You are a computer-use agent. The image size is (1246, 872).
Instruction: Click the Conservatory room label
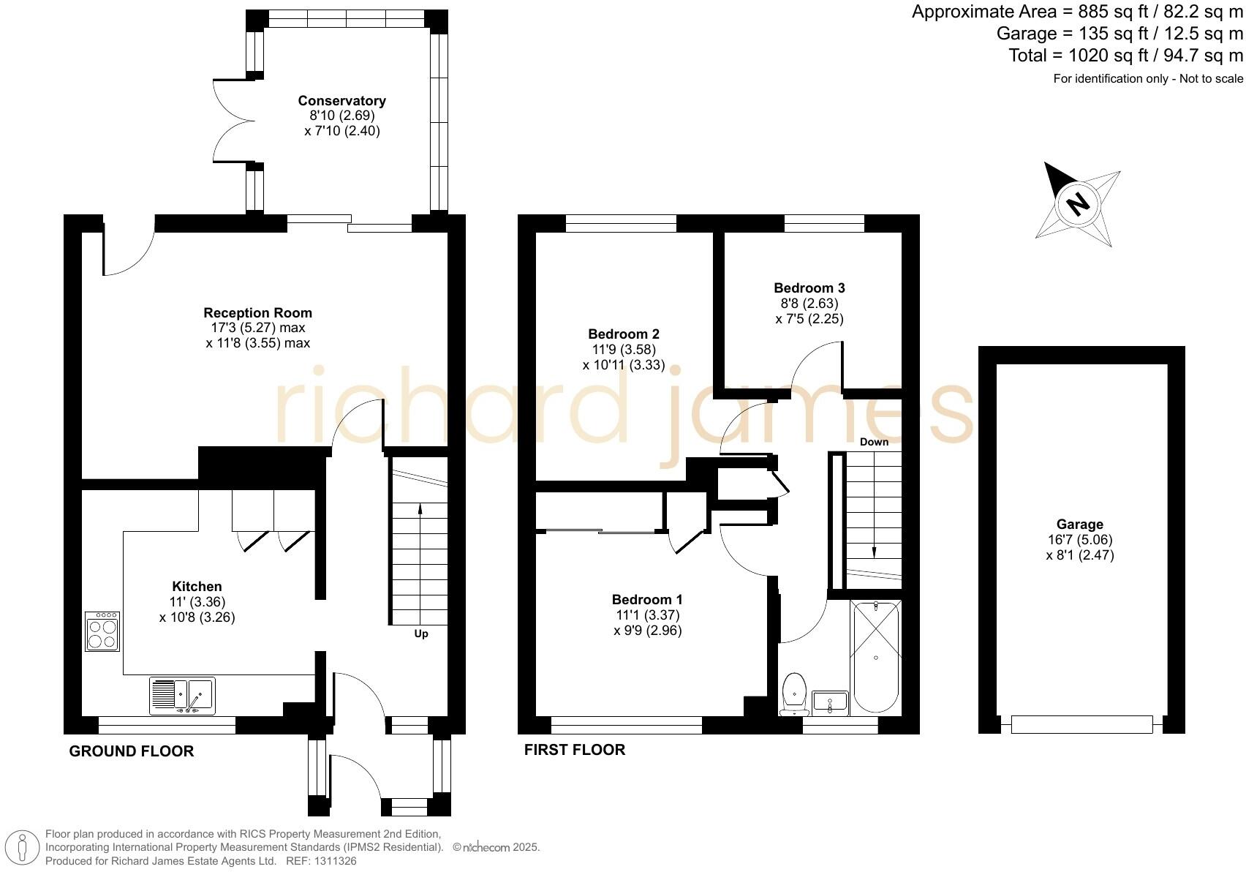point(341,101)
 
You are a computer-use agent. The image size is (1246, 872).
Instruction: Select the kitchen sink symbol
point(183,695)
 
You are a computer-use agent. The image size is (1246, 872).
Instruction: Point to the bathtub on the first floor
point(875,656)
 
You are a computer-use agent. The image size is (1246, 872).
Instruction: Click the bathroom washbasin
point(830,702)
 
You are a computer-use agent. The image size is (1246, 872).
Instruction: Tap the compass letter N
point(1077,203)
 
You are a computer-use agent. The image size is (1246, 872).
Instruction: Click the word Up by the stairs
point(421,634)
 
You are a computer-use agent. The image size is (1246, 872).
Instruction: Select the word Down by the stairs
point(874,442)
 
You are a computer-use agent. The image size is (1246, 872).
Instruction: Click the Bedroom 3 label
point(809,288)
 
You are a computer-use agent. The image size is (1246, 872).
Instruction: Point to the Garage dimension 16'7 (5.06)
point(1079,540)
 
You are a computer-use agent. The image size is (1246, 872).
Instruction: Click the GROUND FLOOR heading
point(132,751)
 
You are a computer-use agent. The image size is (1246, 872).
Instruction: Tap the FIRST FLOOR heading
point(575,750)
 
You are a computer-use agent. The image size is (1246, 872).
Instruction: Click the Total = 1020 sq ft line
point(1125,56)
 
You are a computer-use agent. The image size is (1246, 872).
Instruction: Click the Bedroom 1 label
point(647,600)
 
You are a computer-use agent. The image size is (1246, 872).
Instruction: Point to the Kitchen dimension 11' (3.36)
point(197,602)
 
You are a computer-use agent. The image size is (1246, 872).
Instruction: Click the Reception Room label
point(257,313)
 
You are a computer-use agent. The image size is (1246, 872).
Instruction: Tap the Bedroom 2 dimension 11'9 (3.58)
point(624,350)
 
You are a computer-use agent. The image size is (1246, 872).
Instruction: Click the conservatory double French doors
point(233,121)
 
